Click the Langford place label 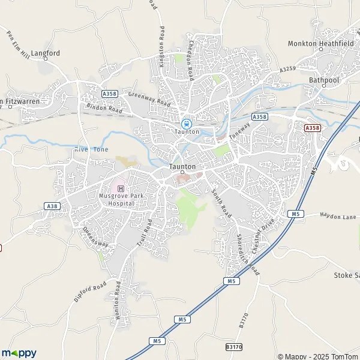(x=46, y=53)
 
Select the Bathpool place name (x=324, y=79)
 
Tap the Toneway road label (x=238, y=138)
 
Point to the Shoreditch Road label (x=247, y=254)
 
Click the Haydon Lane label (x=338, y=216)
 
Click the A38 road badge (x=52, y=206)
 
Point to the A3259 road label (x=288, y=70)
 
